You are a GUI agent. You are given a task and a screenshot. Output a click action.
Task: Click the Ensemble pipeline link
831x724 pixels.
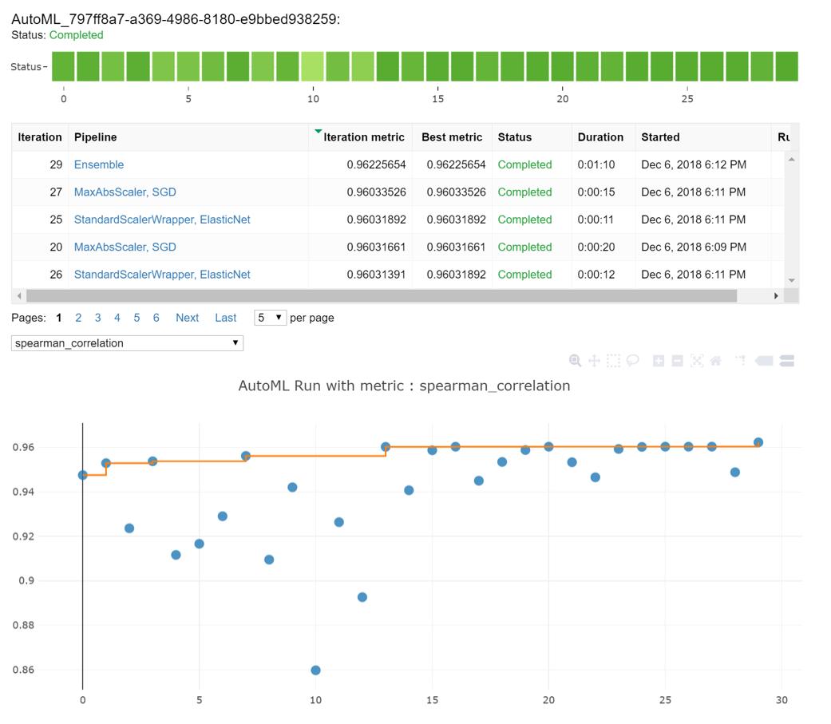coord(99,164)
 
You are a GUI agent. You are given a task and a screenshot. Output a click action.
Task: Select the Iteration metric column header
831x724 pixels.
coord(364,137)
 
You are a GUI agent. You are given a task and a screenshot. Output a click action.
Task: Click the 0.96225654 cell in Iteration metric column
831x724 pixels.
coord(376,164)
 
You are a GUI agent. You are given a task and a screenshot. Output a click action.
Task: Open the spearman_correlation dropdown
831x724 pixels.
coord(127,343)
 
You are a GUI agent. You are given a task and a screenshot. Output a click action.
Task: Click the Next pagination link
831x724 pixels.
coord(187,318)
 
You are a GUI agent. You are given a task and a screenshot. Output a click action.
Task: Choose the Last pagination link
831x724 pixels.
coord(225,318)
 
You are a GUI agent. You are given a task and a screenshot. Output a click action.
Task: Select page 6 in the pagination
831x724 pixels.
coord(156,318)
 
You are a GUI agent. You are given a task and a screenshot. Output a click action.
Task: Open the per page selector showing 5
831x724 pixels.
coord(270,318)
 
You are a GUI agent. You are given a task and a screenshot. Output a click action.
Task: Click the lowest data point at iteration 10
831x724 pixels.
coord(315,671)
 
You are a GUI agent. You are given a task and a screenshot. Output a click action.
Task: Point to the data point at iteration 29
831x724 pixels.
coord(758,442)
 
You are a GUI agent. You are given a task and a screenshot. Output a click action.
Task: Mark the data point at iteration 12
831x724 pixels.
coord(362,597)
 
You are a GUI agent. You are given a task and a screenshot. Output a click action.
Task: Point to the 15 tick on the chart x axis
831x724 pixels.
coord(432,700)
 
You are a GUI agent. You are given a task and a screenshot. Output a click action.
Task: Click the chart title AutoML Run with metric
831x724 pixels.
coord(404,386)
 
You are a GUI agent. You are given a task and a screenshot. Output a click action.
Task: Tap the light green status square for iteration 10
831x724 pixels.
coord(312,66)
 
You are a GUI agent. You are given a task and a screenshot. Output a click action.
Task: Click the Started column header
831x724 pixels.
coord(660,137)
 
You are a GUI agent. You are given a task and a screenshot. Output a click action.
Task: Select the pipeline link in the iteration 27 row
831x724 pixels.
coord(125,192)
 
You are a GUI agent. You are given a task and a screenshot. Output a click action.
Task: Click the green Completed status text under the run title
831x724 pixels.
coord(76,35)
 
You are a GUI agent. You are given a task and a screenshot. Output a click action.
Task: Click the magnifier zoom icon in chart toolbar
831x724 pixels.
coord(575,361)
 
